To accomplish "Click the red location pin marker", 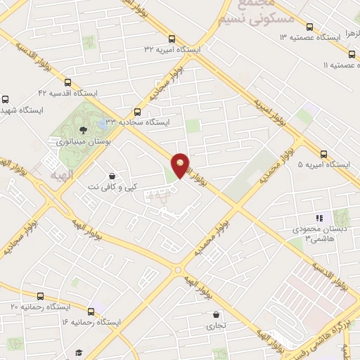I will click(x=181, y=165).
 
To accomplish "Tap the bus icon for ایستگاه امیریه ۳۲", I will click(x=172, y=39).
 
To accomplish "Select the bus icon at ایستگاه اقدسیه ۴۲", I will click(x=68, y=82).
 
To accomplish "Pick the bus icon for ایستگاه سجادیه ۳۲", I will click(x=137, y=111).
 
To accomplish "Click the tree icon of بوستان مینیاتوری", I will click(x=84, y=129).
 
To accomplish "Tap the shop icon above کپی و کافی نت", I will click(x=112, y=176).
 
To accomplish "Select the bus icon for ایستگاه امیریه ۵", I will click(x=324, y=154).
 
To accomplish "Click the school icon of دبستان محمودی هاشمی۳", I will click(x=318, y=218).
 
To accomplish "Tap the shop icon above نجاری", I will click(x=216, y=314).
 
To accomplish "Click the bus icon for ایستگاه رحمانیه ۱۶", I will click(x=91, y=311).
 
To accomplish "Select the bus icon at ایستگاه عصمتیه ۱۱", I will click(x=352, y=53).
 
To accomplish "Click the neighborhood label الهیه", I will click(x=55, y=173).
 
